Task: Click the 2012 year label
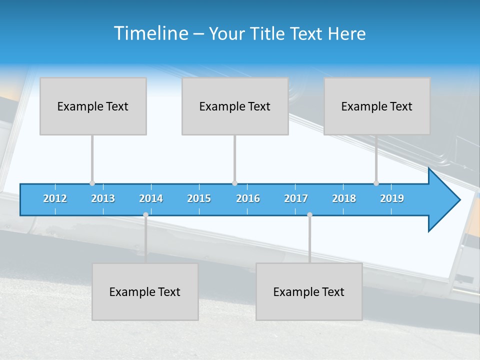click(x=55, y=198)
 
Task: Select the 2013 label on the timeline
click(x=103, y=198)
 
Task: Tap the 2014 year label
click(x=151, y=198)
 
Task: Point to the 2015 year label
click(x=199, y=198)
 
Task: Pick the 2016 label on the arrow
click(x=248, y=198)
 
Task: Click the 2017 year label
click(x=296, y=198)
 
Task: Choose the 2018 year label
click(x=344, y=198)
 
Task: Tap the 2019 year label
click(x=392, y=198)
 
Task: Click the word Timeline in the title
click(x=150, y=33)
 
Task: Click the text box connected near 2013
click(x=93, y=106)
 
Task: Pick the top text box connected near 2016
click(x=235, y=106)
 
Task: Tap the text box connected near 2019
click(x=377, y=106)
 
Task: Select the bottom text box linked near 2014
click(x=145, y=291)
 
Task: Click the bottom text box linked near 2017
click(x=309, y=291)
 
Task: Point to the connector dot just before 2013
click(x=92, y=183)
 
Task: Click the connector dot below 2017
click(x=309, y=214)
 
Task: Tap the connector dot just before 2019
click(x=376, y=183)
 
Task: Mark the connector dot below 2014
click(x=145, y=214)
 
